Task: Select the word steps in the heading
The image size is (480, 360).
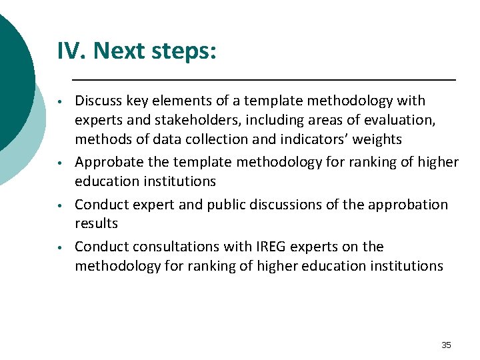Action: click(x=183, y=51)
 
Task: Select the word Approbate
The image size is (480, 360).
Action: click(x=107, y=162)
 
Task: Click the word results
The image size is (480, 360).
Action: click(x=96, y=223)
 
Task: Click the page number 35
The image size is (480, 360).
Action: click(x=446, y=345)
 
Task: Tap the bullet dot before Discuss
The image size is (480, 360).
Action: click(x=60, y=103)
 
